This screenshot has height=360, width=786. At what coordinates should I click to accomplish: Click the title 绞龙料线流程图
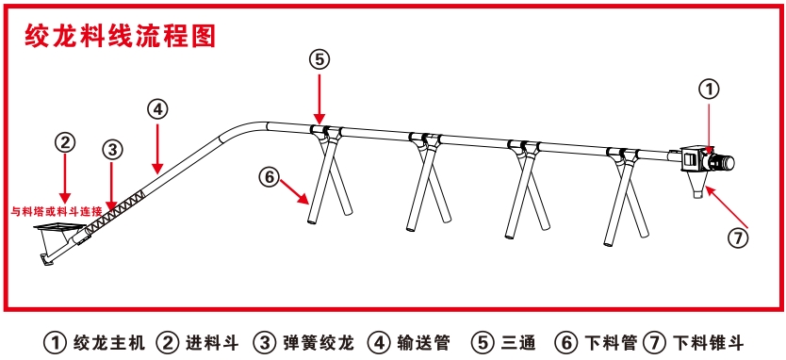coord(121,36)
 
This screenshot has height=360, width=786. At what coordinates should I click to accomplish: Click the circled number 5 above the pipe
coord(319,59)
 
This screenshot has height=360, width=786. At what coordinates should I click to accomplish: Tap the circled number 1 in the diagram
coord(709,90)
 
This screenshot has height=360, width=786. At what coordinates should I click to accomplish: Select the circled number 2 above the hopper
coord(65,143)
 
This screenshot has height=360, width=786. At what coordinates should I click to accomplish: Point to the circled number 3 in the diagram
coord(112,149)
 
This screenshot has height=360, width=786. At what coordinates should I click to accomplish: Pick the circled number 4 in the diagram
coord(158,108)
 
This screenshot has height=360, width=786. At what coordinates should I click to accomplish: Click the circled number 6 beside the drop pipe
coord(270,177)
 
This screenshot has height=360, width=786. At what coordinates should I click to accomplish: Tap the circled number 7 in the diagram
coord(738,239)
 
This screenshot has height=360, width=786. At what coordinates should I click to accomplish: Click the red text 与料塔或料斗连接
coord(57,210)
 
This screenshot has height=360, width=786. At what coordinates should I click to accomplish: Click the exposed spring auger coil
coord(115,213)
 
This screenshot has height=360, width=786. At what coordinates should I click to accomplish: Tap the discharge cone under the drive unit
coord(696,185)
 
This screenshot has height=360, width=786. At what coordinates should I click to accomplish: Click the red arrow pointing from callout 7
coord(726,206)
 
